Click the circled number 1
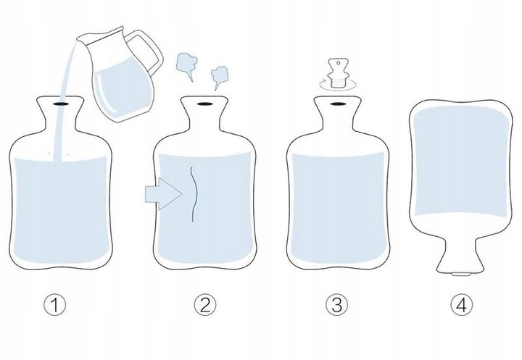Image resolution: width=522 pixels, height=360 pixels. (x=55, y=305)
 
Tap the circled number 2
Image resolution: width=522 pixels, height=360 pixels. (x=205, y=305)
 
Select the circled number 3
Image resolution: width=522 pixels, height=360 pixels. (x=336, y=305)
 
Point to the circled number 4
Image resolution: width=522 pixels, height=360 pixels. (x=462, y=305)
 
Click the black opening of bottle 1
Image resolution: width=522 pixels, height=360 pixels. (x=61, y=104)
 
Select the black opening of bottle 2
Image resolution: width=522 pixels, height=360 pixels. (x=204, y=104)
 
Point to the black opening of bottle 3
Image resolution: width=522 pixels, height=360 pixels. (x=337, y=104)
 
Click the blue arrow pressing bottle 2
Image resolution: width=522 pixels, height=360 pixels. (x=163, y=193)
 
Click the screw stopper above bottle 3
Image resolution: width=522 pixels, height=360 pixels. (x=338, y=73)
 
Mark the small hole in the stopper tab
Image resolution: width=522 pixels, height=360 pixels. (x=339, y=63)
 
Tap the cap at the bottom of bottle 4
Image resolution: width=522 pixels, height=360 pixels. (x=460, y=275)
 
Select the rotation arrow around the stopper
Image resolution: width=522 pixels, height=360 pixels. (x=338, y=85)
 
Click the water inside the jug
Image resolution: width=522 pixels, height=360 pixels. (x=123, y=90)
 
